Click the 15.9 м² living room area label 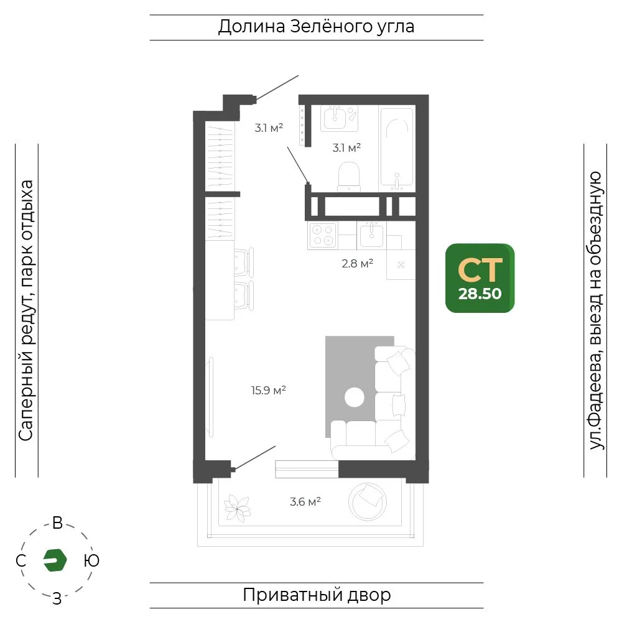pyautogui.click(x=269, y=391)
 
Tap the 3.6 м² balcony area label pyautogui.click(x=305, y=502)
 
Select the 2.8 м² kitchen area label pyautogui.click(x=358, y=263)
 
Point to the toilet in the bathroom pyautogui.click(x=349, y=176)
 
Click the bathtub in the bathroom pyautogui.click(x=397, y=147)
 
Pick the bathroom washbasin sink pyautogui.click(x=335, y=117)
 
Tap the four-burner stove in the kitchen pyautogui.click(x=322, y=235)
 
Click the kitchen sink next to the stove pyautogui.click(x=372, y=235)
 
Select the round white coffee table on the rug pyautogui.click(x=355, y=397)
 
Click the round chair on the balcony pyautogui.click(x=368, y=502)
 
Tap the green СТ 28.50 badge pyautogui.click(x=480, y=278)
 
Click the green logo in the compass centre pyautogui.click(x=55, y=560)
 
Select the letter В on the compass pyautogui.click(x=57, y=523)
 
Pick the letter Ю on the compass pyautogui.click(x=91, y=560)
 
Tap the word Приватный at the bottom pyautogui.click(x=293, y=595)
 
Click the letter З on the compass pyautogui.click(x=57, y=598)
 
